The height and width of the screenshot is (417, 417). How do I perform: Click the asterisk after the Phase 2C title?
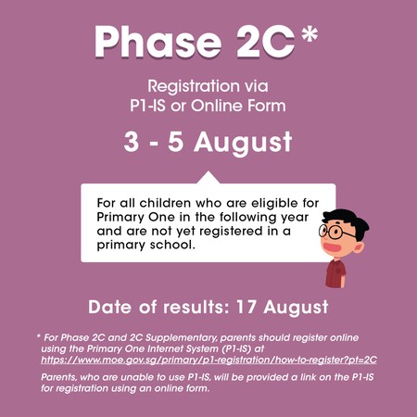310,33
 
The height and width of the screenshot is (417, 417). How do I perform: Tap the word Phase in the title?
158,42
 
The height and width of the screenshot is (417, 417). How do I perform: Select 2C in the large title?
266,42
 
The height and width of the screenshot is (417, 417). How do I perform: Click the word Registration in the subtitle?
194,86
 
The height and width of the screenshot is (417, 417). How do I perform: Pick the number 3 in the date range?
132,142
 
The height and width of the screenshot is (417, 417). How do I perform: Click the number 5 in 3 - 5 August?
176,142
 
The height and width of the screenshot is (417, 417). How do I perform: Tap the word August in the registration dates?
243,143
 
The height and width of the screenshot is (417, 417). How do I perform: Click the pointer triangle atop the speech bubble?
208,178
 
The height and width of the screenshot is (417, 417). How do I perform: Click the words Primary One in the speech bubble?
136,217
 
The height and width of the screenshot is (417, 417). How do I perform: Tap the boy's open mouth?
332,247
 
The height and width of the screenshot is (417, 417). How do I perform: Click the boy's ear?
358,247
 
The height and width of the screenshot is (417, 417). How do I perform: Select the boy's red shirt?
335,273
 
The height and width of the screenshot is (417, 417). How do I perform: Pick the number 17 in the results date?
246,307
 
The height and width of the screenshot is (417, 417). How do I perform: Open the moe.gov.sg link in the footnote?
208,360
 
